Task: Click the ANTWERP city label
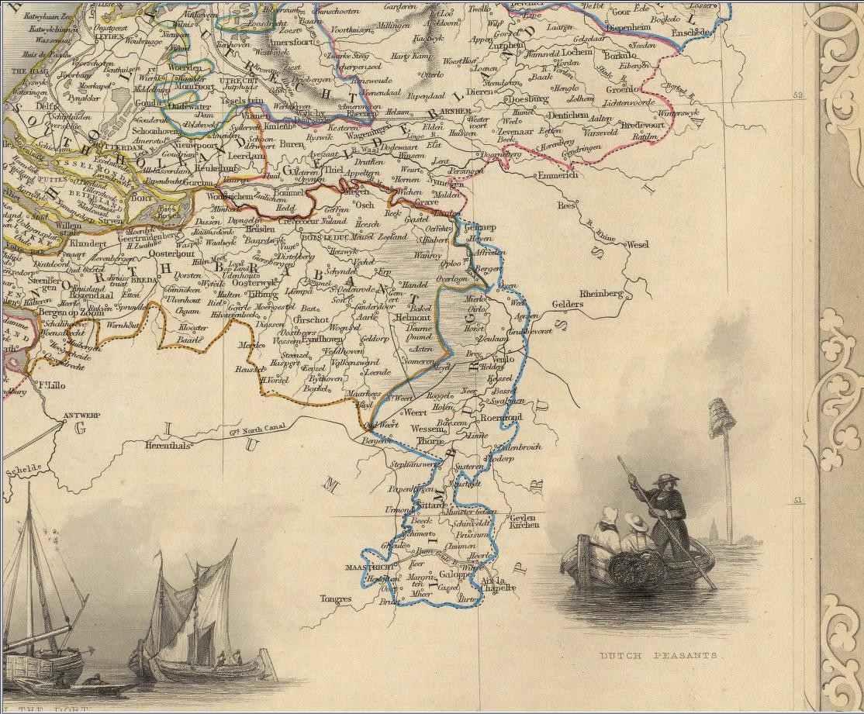[x=81, y=416]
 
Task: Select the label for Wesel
[x=637, y=244]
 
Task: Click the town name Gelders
[x=567, y=305]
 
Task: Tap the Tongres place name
[x=335, y=599]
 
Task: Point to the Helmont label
[x=413, y=318]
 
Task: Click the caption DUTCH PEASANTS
[x=660, y=656]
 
